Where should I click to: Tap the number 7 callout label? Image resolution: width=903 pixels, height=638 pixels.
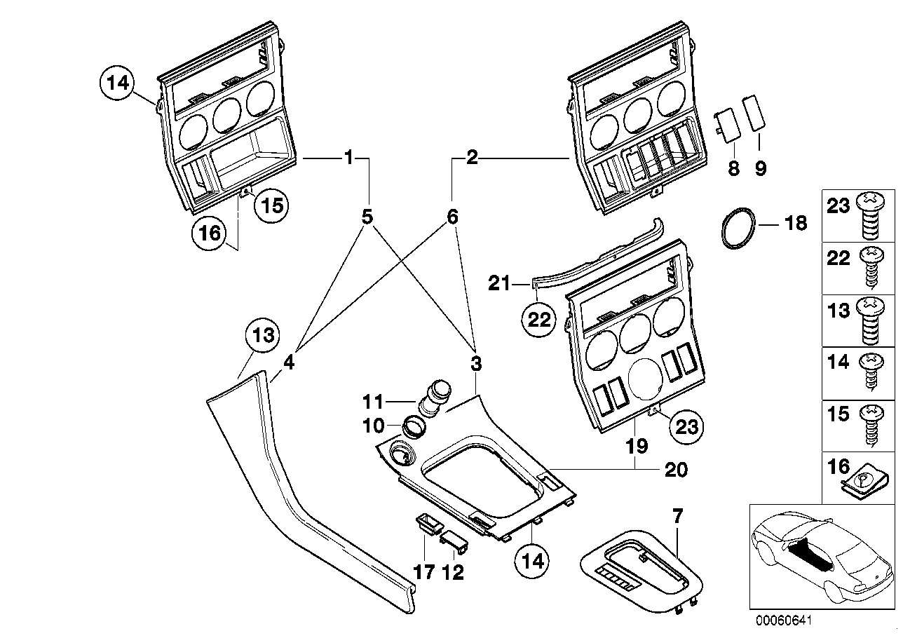pyautogui.click(x=677, y=517)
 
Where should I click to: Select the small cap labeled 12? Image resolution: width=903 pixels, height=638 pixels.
pyautogui.click(x=452, y=539)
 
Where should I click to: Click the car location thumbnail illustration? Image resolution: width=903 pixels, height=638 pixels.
pyautogui.click(x=821, y=555)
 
